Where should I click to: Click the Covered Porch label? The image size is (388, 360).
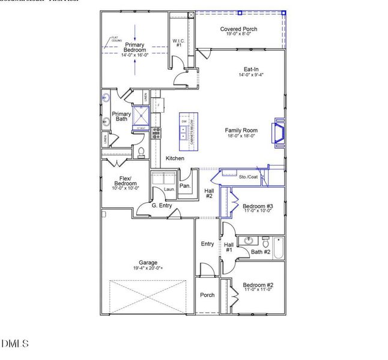238,29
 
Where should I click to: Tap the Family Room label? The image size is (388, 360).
241,130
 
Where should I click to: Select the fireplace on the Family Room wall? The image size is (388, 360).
279,131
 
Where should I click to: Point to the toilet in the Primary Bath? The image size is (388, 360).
141,152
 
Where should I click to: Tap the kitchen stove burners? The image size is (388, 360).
156,133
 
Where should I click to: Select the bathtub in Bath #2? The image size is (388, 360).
278,247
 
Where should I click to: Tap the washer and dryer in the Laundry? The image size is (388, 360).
162,178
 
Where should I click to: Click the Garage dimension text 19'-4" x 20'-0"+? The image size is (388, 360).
148,269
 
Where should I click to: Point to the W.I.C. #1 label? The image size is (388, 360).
177,43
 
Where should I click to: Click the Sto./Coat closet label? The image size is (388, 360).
247,177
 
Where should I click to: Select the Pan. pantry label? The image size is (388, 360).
185,185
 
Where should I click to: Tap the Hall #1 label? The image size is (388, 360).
229,247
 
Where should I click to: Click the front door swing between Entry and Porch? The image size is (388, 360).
206,269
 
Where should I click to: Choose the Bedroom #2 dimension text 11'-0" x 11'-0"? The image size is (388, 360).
258,289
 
